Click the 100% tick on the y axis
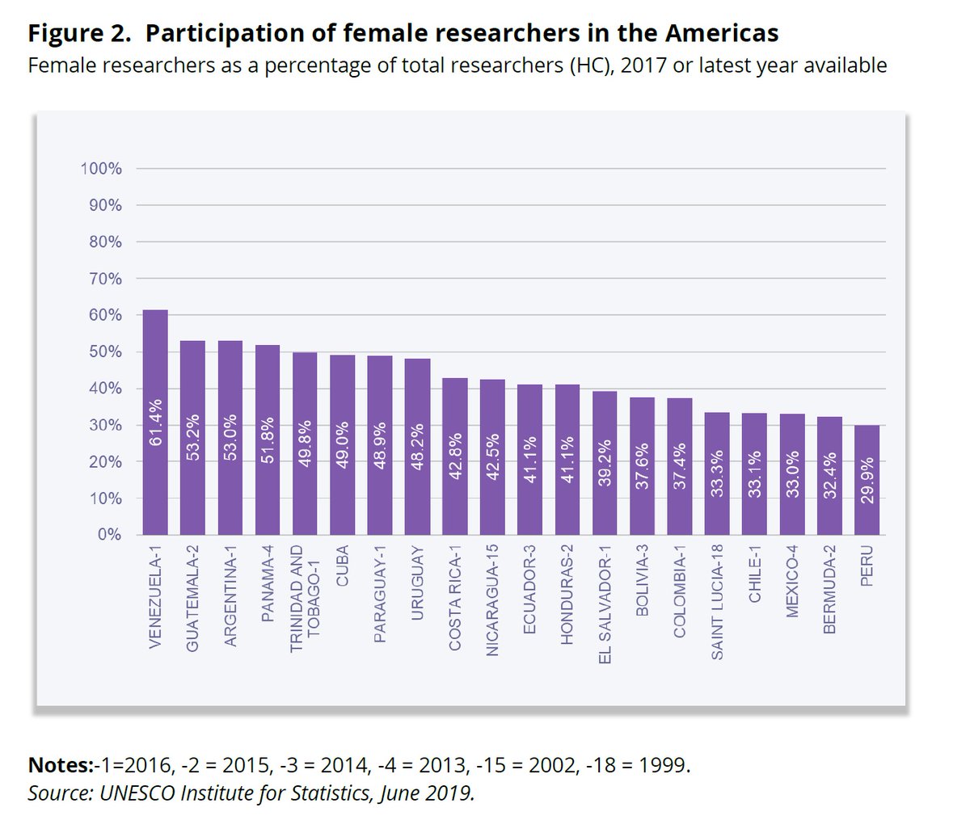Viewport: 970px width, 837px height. [101, 169]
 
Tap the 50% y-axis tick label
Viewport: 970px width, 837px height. [105, 352]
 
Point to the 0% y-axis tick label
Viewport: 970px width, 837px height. [108, 535]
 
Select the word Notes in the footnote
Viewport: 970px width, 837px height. [60, 765]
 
